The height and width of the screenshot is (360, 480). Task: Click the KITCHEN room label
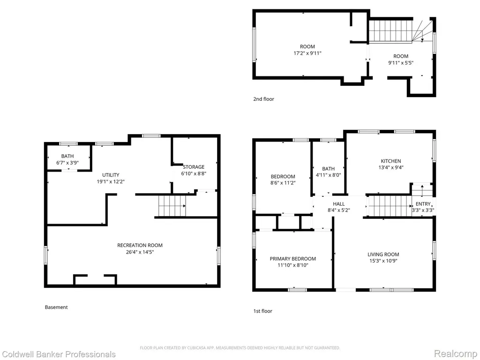click(390, 161)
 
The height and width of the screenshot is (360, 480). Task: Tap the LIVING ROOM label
click(383, 255)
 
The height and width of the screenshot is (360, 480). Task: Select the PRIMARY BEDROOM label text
click(292, 259)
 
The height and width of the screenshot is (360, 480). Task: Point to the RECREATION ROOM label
click(140, 245)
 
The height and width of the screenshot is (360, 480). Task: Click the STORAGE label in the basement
click(194, 167)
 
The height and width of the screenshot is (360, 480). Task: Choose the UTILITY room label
click(111, 175)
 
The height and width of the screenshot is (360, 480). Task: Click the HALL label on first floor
click(338, 204)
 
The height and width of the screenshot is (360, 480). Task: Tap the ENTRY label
click(423, 204)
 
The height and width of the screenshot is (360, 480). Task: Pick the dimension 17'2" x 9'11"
click(307, 53)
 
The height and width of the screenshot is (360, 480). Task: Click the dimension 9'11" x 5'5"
click(401, 63)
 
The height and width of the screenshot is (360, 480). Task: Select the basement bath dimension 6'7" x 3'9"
click(67, 163)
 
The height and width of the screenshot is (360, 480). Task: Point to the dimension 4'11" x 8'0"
click(328, 175)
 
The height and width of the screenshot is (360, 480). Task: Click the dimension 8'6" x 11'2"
click(283, 183)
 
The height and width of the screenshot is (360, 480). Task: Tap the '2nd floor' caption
click(263, 99)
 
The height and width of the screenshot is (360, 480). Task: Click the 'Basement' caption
click(56, 307)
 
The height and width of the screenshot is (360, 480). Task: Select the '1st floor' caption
click(262, 311)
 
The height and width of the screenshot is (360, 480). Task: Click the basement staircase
click(172, 206)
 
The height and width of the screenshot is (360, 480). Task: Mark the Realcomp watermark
click(455, 354)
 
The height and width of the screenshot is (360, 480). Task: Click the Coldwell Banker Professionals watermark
click(58, 354)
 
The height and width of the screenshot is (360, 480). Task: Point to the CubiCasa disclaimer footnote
click(240, 348)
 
